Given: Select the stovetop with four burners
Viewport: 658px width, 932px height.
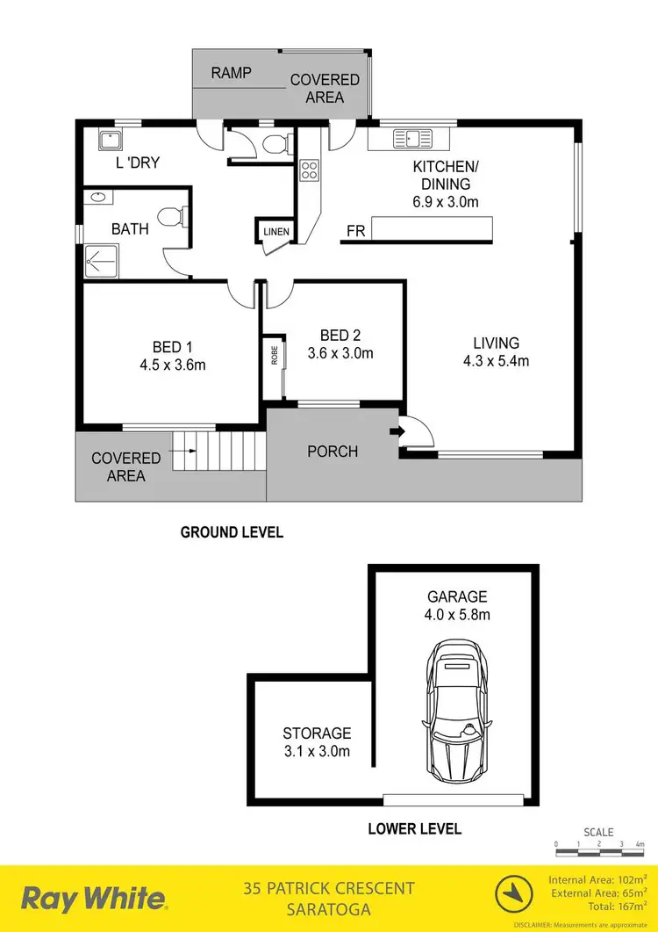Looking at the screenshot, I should [x=309, y=170].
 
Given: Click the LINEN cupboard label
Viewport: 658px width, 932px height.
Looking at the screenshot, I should [x=271, y=232].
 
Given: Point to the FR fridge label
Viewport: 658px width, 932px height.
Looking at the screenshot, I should [x=355, y=231].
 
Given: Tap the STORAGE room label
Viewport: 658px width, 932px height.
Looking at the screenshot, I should [x=317, y=733].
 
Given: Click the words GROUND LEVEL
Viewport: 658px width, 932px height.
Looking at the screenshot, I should [x=232, y=531].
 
